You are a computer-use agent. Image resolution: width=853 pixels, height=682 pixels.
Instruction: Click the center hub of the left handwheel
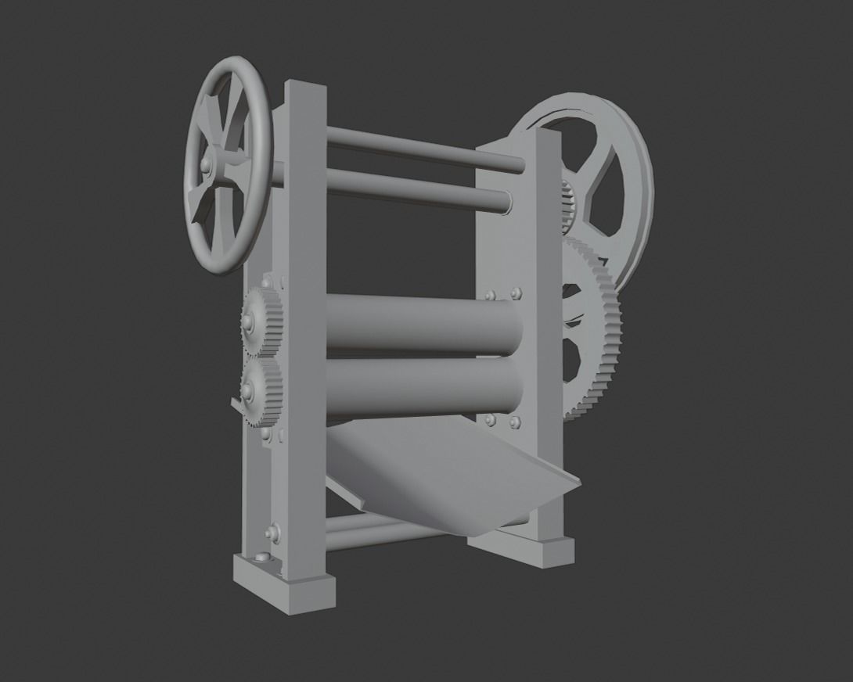tap(206, 165)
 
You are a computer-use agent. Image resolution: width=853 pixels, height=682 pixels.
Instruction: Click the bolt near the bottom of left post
tap(272, 533)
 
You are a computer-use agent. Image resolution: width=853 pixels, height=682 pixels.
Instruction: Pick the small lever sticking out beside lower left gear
tap(236, 403)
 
